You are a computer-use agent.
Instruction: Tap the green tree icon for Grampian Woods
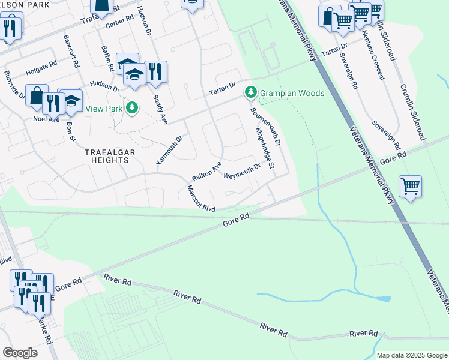(x=251, y=92)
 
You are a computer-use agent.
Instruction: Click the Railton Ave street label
(x=206, y=171)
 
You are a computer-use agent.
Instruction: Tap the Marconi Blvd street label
(x=200, y=198)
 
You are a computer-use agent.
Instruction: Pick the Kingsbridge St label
(x=265, y=148)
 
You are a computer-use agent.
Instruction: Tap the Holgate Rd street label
(x=41, y=68)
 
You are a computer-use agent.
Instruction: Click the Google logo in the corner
(x=20, y=353)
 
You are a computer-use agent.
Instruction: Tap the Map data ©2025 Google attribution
(x=412, y=355)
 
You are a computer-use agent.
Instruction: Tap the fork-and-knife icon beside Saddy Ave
(x=155, y=71)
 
